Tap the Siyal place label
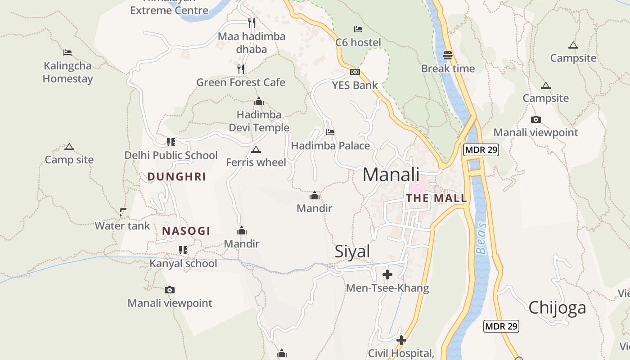[x=352, y=252]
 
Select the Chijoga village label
[x=557, y=308]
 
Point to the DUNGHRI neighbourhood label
[x=176, y=177]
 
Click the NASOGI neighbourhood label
[x=186, y=231]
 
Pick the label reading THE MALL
[x=436, y=198]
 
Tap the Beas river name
[x=481, y=238]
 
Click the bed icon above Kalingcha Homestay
[x=67, y=53]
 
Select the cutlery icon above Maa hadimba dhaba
[x=252, y=22]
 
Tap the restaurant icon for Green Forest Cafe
[x=241, y=69]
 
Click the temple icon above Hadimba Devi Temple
[x=258, y=102]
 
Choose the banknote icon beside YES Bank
[x=355, y=72]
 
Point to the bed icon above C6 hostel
[x=358, y=29]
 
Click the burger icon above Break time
[x=448, y=55]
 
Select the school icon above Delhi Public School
[x=171, y=142]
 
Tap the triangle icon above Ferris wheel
[x=256, y=149]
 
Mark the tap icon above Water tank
[x=122, y=212]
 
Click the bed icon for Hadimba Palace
[x=330, y=132]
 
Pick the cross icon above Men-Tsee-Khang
[x=387, y=274]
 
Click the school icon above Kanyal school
[x=183, y=250]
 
